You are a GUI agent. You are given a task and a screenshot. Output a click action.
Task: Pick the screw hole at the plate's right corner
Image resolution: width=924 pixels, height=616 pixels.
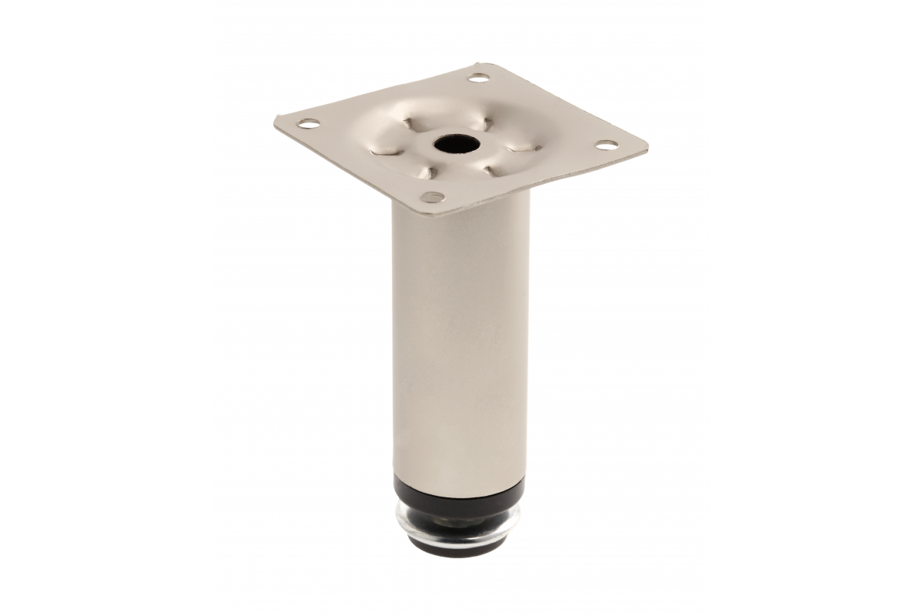click(607, 144)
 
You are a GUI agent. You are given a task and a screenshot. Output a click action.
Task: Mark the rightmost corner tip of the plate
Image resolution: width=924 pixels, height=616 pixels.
click(648, 144)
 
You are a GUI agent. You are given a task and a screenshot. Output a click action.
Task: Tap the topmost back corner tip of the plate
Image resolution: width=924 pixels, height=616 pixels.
click(484, 63)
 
